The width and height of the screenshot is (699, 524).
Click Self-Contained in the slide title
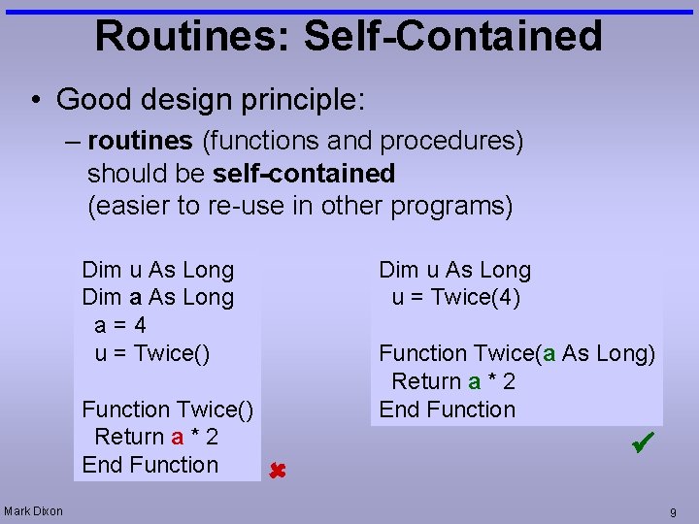click(x=452, y=36)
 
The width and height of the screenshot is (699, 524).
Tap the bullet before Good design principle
click(x=34, y=99)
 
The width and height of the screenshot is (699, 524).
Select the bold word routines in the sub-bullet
click(x=140, y=142)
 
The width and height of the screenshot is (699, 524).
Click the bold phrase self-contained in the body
click(x=303, y=174)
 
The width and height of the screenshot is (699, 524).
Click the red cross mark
click(x=276, y=472)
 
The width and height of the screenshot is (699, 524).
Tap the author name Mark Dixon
click(x=33, y=510)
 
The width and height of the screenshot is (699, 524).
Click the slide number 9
click(x=672, y=511)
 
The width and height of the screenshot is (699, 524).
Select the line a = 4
click(x=120, y=325)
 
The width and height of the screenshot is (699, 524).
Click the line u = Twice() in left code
click(x=151, y=353)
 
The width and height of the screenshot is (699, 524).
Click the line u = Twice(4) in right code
click(x=456, y=298)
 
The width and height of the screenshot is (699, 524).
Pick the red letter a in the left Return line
click(x=177, y=438)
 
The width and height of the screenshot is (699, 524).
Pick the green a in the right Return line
click(x=474, y=381)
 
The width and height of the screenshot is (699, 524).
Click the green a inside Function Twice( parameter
click(x=549, y=353)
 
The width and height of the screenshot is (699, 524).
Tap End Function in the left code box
click(x=150, y=465)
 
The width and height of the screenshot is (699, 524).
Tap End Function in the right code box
click(x=447, y=409)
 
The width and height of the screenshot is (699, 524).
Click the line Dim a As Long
click(x=158, y=298)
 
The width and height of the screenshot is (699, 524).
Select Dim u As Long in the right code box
click(x=454, y=270)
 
